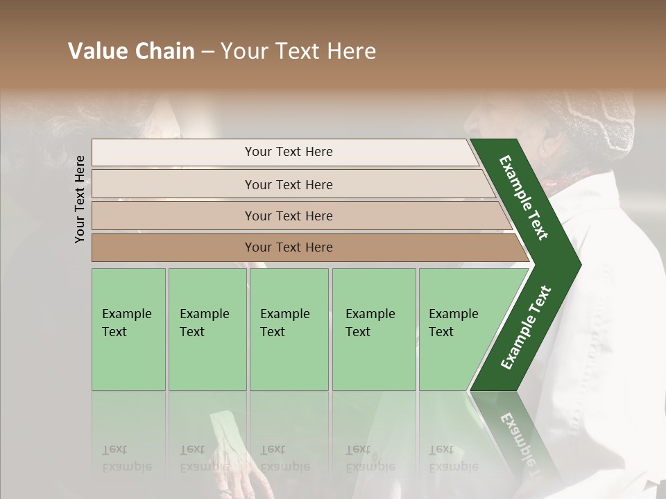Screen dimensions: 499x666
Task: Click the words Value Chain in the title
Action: [131, 51]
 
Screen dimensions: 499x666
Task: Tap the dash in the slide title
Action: [207, 51]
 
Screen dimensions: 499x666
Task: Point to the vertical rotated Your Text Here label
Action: [80, 199]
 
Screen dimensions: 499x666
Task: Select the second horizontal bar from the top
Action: [289, 184]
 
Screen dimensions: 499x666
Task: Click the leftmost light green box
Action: [128, 329]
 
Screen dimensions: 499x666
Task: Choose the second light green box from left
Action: [207, 329]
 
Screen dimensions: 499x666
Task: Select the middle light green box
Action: [289, 329]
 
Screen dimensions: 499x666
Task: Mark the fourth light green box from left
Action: [373, 329]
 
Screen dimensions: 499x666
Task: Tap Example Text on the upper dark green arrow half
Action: [524, 198]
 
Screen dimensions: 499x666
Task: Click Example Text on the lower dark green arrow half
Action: [526, 327]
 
